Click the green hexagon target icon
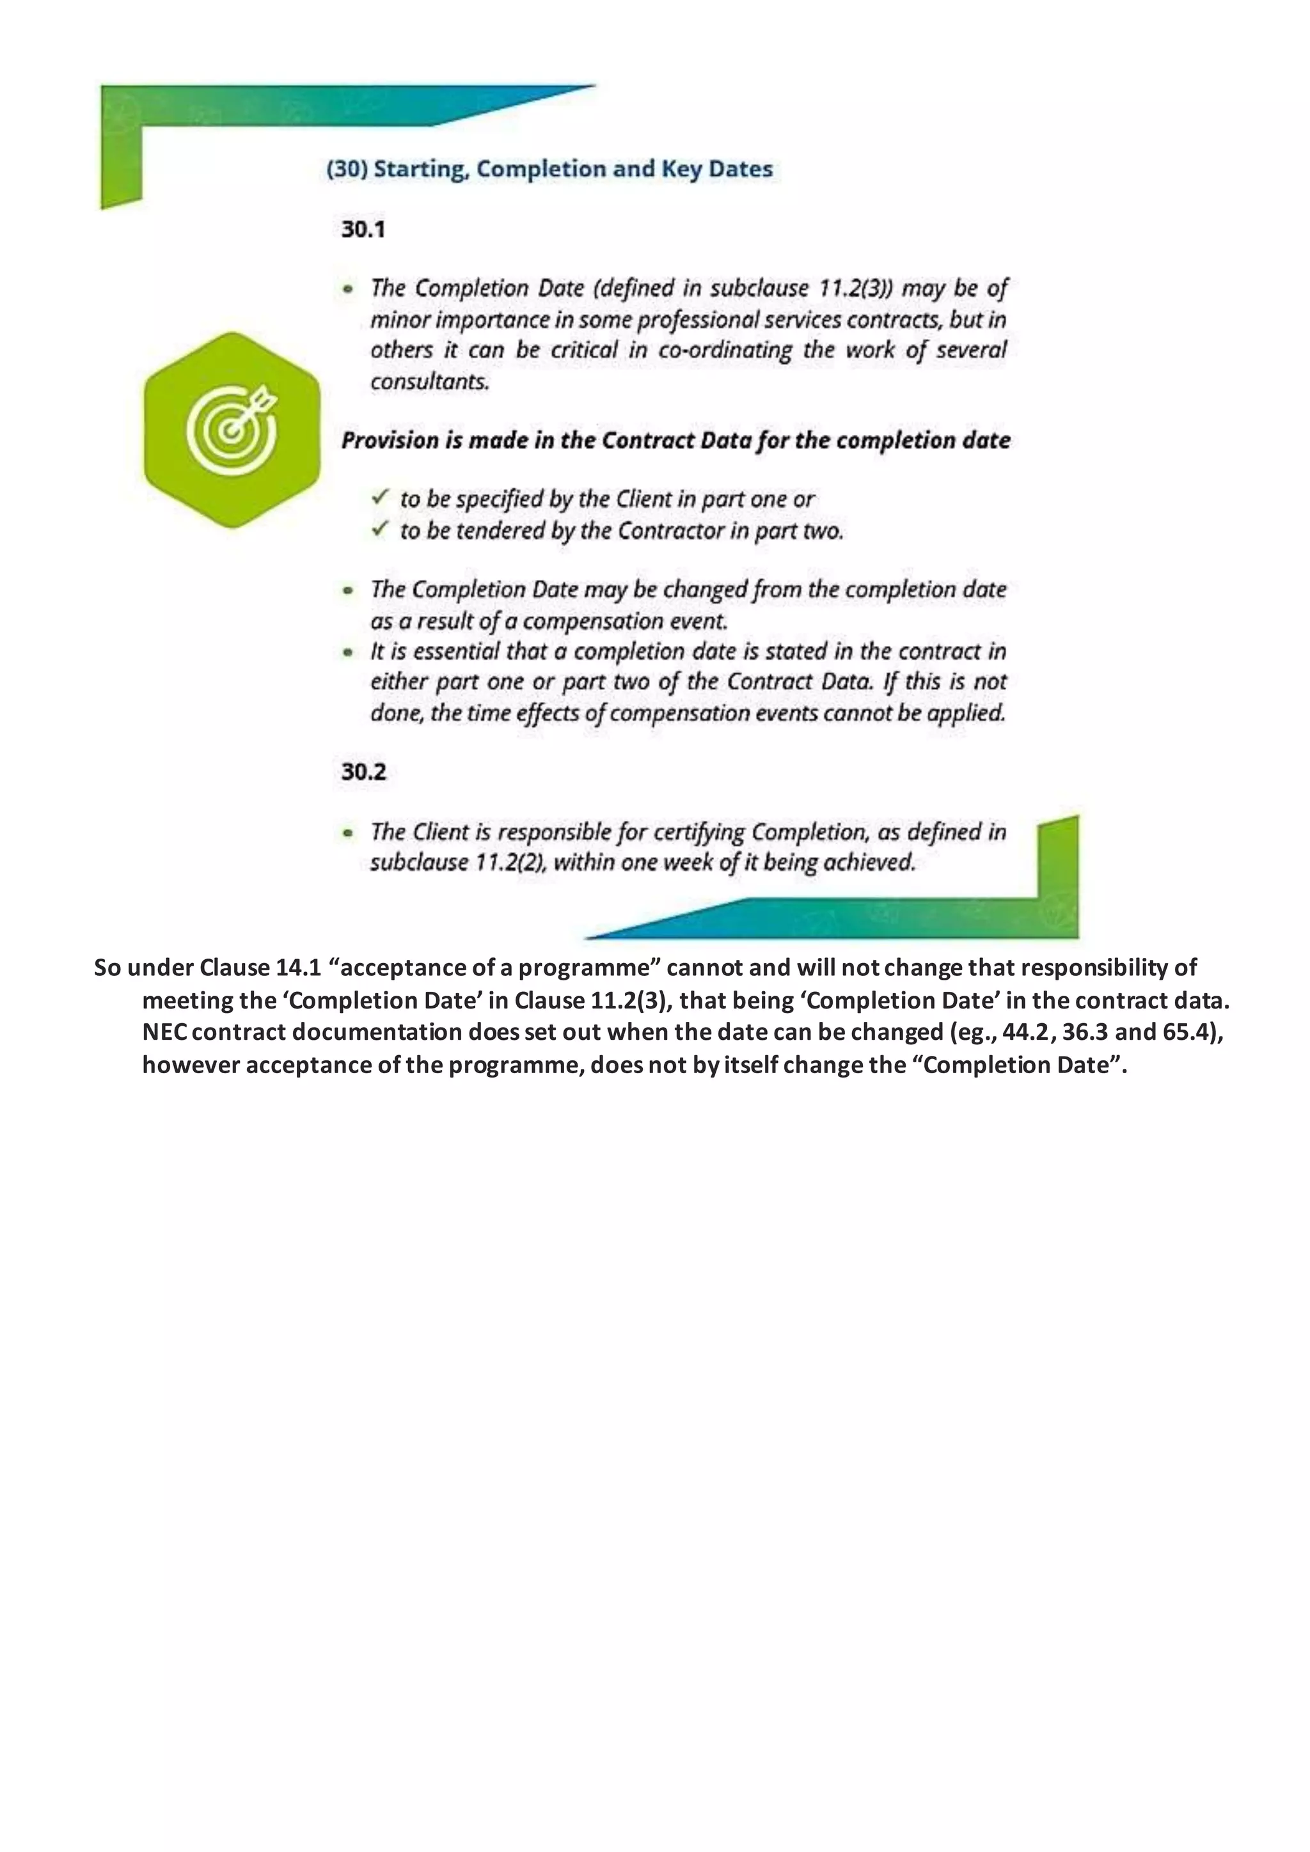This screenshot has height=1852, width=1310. tap(232, 430)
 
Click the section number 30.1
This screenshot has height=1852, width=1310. tap(363, 230)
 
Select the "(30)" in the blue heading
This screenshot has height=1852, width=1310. tap(347, 169)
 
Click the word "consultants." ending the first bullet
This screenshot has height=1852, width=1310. tap(430, 382)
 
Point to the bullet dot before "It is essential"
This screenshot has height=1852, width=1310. tap(348, 652)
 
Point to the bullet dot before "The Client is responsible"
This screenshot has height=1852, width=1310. tap(348, 833)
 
